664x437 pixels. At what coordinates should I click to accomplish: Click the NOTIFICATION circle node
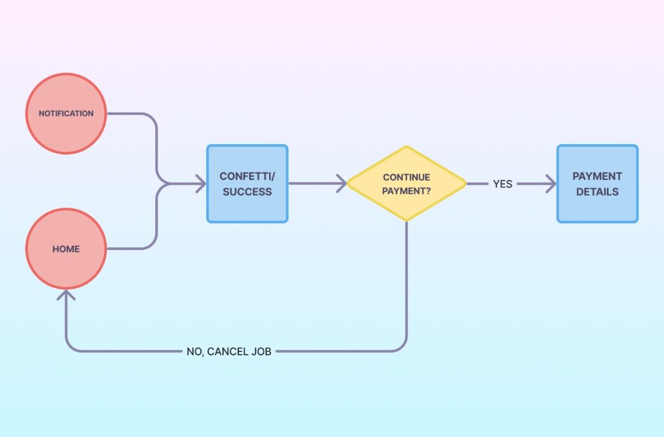tap(66, 114)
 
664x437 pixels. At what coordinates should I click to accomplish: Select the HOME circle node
tap(66, 249)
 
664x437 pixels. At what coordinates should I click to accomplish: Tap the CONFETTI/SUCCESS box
tap(246, 184)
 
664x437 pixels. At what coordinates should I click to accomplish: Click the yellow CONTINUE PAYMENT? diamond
tap(407, 184)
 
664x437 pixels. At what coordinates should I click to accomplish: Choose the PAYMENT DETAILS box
tap(597, 184)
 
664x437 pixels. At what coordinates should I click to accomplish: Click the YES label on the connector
tap(503, 184)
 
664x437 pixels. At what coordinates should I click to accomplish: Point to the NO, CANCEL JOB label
tap(228, 352)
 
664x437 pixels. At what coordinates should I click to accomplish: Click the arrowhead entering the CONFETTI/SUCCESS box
tap(201, 184)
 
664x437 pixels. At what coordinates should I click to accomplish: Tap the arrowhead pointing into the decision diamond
tap(342, 184)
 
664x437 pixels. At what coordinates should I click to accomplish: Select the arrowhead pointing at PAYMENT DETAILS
tap(552, 184)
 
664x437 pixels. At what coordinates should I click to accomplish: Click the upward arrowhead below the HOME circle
tap(66, 294)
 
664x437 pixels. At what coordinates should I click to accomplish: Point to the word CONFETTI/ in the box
tap(247, 176)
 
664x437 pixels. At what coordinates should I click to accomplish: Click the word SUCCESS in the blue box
tap(246, 192)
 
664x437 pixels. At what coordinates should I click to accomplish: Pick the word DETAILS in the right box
tap(597, 192)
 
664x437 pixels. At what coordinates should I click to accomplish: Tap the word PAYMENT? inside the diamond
tap(407, 191)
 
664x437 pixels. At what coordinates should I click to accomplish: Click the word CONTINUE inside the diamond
tap(407, 177)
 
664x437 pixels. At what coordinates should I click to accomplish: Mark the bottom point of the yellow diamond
tap(407, 220)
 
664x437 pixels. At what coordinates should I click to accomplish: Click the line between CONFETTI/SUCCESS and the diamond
tap(314, 184)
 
